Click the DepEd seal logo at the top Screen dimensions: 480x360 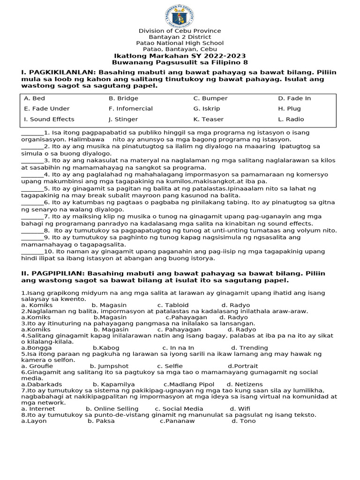tap(180, 15)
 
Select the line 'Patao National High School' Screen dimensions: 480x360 tap(180, 43)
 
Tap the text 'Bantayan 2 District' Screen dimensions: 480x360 tap(180, 37)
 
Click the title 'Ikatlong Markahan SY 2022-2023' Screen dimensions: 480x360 tap(180, 56)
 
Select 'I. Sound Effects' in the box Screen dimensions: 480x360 tap(49, 119)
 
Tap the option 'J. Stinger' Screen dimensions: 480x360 tap(123, 119)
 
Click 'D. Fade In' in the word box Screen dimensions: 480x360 tap(294, 98)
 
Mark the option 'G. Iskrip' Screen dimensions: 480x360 tap(206, 109)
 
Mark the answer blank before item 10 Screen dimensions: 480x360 tap(32, 252)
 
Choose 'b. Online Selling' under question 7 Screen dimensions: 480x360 tap(112, 409)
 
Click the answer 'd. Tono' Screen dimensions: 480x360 tap(244, 421)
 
